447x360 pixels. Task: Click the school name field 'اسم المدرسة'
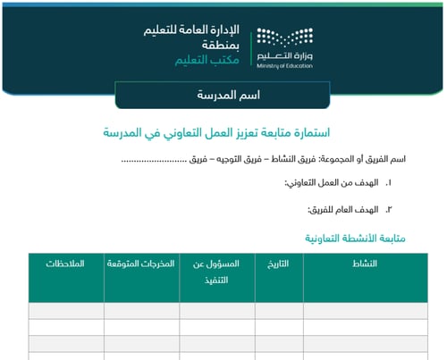pyautogui.click(x=223, y=93)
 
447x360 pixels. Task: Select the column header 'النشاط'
pyautogui.click(x=366, y=264)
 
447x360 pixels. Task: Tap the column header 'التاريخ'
pyautogui.click(x=279, y=264)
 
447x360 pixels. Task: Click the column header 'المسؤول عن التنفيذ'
pyautogui.click(x=217, y=271)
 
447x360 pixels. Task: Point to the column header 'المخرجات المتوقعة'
pyautogui.click(x=140, y=264)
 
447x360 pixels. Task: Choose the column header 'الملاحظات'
pyautogui.click(x=65, y=264)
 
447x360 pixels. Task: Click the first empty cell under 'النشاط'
pyautogui.click(x=366, y=311)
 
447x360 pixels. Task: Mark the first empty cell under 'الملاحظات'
pyautogui.click(x=65, y=311)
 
